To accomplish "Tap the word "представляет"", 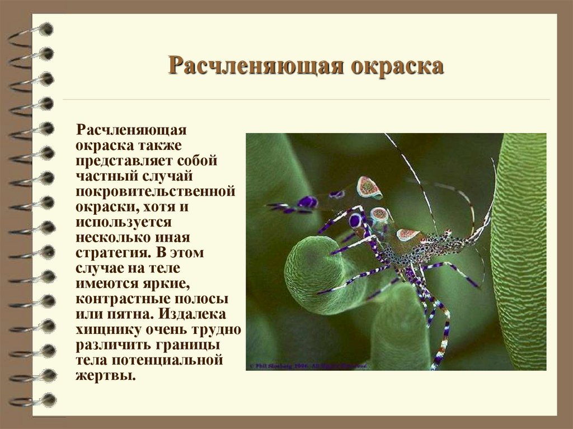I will click(x=123, y=161).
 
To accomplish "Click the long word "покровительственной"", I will click(x=155, y=191).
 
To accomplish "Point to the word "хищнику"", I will click(x=108, y=328).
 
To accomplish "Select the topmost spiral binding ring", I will click(x=34, y=31).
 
